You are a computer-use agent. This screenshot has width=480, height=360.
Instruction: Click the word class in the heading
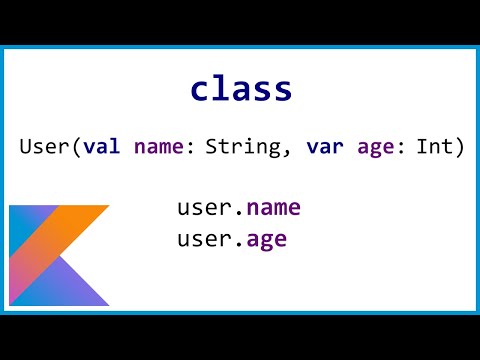click(241, 89)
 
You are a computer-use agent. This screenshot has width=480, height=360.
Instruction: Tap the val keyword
click(102, 147)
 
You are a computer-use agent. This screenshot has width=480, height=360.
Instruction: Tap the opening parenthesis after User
click(77, 148)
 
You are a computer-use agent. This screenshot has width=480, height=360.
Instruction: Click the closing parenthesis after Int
click(460, 148)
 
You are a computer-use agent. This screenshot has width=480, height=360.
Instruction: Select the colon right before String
click(192, 148)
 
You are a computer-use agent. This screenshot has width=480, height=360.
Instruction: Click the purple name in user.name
click(273, 208)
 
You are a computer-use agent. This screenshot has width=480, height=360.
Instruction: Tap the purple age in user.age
click(265, 240)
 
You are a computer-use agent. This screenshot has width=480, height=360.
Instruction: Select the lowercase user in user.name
click(205, 208)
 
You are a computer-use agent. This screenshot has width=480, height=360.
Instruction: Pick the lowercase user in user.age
click(205, 240)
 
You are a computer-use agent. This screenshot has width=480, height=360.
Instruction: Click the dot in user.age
click(239, 245)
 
